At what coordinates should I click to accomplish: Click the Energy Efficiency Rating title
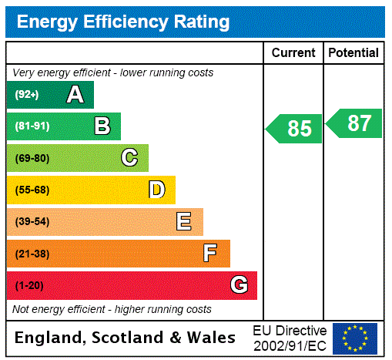[x=123, y=22]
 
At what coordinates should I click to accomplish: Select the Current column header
[x=293, y=52]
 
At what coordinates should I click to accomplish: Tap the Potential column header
[x=353, y=52]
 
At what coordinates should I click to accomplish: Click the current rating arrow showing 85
[x=295, y=128]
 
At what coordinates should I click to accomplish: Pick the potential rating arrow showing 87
[x=354, y=123]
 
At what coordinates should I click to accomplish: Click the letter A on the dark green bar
[x=75, y=95]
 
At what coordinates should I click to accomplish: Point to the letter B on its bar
[x=102, y=126]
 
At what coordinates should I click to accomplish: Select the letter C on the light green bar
[x=129, y=158]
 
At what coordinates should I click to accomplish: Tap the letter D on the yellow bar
[x=156, y=190]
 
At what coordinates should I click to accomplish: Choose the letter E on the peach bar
[x=183, y=222]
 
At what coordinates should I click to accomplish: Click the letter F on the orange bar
[x=209, y=254]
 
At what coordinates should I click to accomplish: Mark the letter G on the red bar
[x=239, y=285]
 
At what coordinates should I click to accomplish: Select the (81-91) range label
[x=32, y=126]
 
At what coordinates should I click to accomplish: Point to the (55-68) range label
[x=32, y=190]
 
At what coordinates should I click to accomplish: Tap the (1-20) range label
[x=29, y=286]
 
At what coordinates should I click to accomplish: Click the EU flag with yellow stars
[x=355, y=338]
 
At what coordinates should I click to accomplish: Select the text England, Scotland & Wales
[x=126, y=338]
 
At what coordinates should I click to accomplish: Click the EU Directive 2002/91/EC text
[x=290, y=338]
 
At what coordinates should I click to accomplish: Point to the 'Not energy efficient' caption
[x=112, y=309]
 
